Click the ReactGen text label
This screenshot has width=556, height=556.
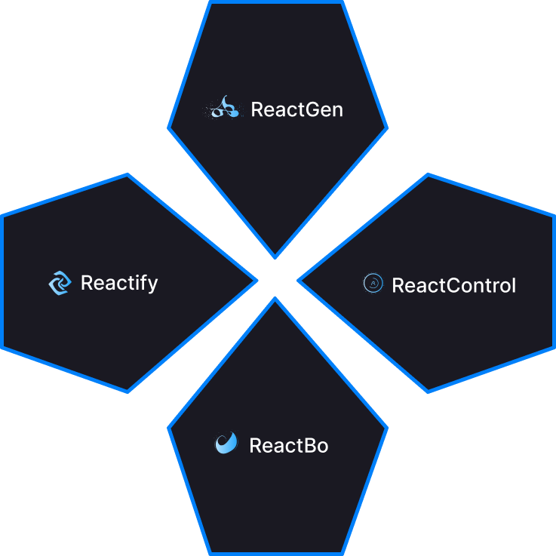[296, 109]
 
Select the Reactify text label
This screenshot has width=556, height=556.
[119, 283]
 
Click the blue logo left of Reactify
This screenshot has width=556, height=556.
[59, 283]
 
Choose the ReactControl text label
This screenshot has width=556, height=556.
[453, 285]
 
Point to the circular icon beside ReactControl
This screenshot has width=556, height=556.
[372, 283]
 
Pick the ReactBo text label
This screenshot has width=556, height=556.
[288, 445]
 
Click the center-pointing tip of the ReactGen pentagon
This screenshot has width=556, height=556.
[275, 256]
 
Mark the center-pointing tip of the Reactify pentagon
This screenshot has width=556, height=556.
[256, 281]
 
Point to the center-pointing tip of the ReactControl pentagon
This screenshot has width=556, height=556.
[300, 281]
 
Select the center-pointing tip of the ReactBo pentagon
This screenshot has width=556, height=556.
[275, 300]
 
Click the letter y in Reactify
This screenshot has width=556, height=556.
[152, 285]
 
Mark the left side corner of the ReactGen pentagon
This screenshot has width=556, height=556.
[169, 127]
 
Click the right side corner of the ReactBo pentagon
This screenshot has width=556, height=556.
[386, 429]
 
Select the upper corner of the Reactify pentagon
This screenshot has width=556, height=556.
[127, 175]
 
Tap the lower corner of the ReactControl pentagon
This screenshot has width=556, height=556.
[428, 391]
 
